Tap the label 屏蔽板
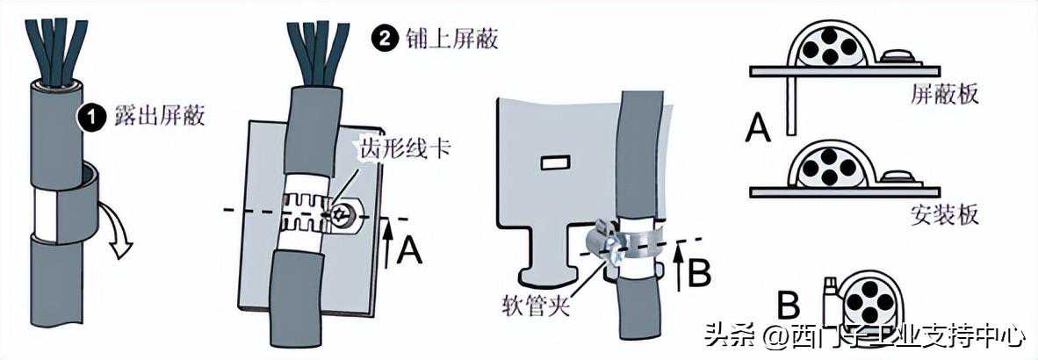point(944,94)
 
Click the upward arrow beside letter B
point(680,269)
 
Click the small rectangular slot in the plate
point(554,162)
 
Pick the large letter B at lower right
point(789,306)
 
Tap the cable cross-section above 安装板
point(824,167)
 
